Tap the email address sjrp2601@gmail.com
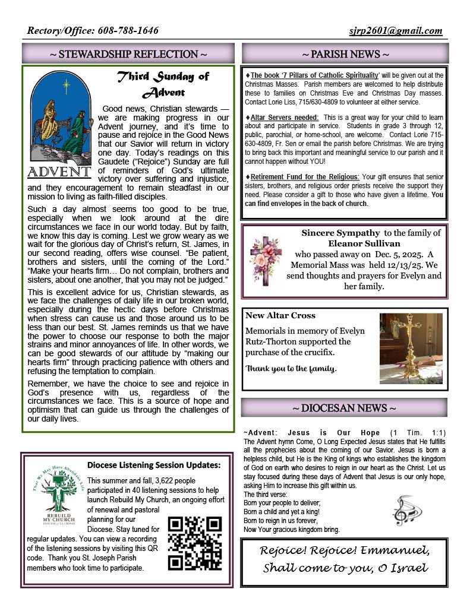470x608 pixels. (x=396, y=31)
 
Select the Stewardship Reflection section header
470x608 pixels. (x=128, y=54)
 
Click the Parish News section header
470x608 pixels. (x=345, y=54)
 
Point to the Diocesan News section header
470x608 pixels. (x=345, y=408)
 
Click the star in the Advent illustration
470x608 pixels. (x=66, y=85)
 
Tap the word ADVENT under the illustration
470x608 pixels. (x=59, y=172)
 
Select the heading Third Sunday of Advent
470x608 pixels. (x=163, y=84)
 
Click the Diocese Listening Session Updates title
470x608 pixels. (x=154, y=465)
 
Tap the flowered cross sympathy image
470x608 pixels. (x=264, y=258)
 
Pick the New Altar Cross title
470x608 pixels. (x=280, y=315)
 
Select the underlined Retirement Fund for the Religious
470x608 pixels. (x=305, y=177)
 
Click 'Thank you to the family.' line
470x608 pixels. (x=291, y=368)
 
